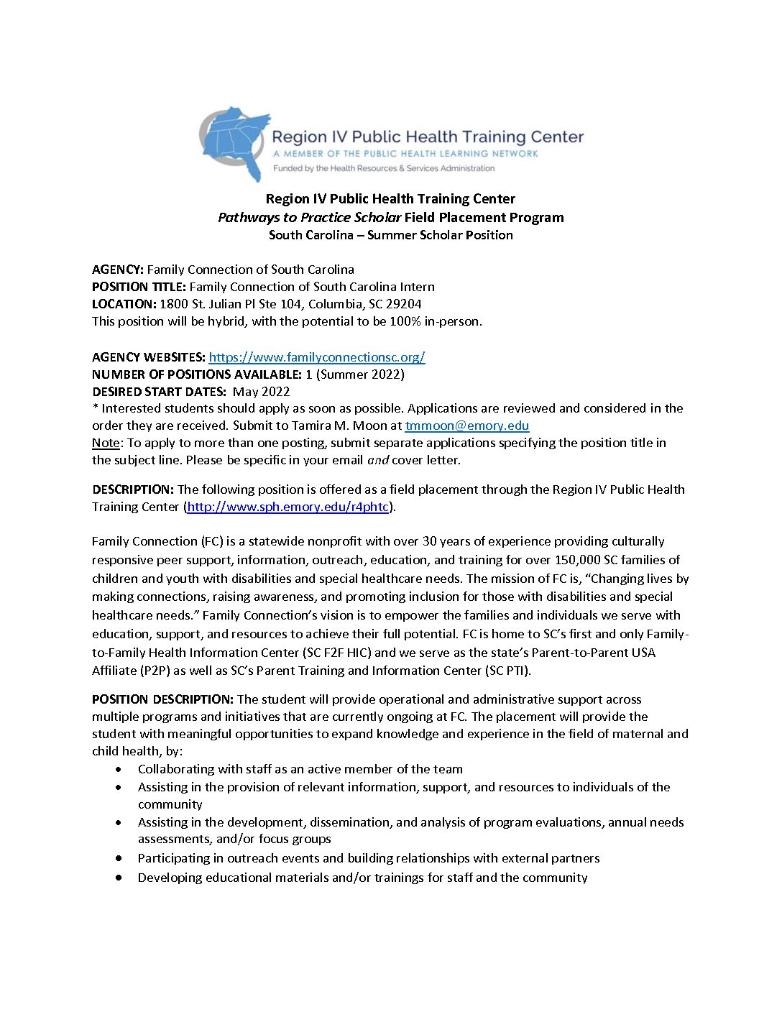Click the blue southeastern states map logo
pyautogui.click(x=234, y=142)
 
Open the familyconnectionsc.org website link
pyautogui.click(x=316, y=357)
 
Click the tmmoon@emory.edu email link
pyautogui.click(x=466, y=425)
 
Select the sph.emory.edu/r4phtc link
pyautogui.click(x=287, y=507)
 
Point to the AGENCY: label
pyautogui.click(x=118, y=270)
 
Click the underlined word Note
pyautogui.click(x=106, y=443)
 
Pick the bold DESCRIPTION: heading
pyautogui.click(x=133, y=489)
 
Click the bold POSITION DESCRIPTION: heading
pyautogui.click(x=162, y=699)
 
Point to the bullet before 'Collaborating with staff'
pyautogui.click(x=119, y=769)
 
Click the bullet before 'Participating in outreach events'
pyautogui.click(x=119, y=858)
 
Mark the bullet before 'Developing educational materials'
pyautogui.click(x=119, y=878)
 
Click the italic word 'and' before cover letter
pyautogui.click(x=378, y=460)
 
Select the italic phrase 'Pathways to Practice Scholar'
pyautogui.click(x=309, y=218)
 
